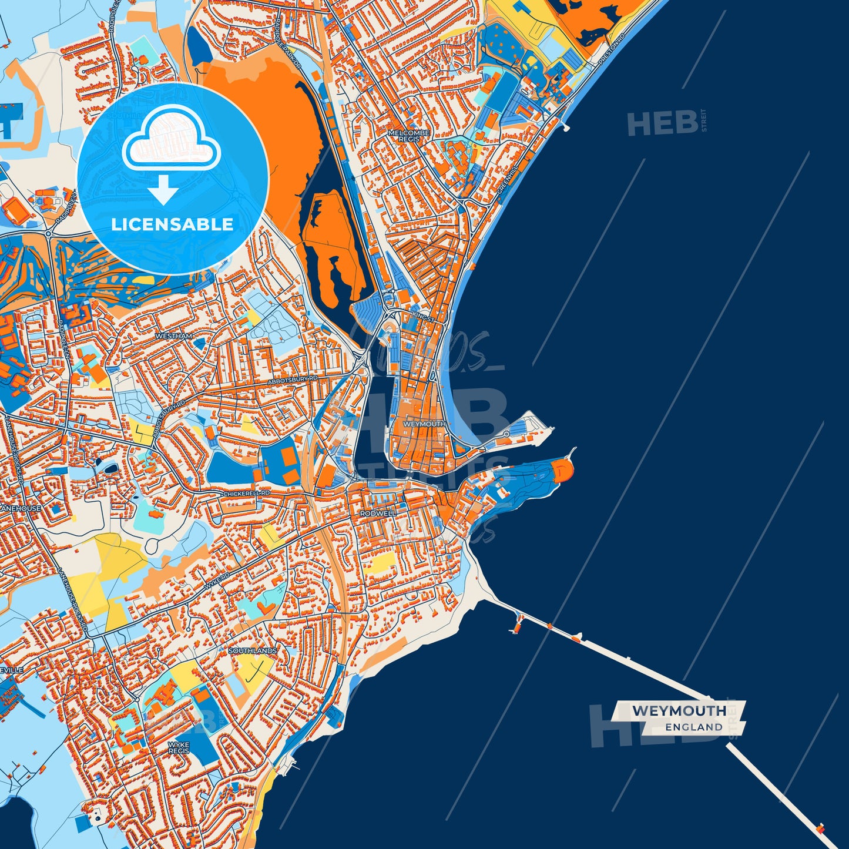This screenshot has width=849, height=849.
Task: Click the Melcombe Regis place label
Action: click(x=409, y=136)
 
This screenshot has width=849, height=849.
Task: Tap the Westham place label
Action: click(x=173, y=336)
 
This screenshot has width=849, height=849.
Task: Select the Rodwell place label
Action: click(x=378, y=514)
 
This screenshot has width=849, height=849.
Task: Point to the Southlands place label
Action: click(x=253, y=651)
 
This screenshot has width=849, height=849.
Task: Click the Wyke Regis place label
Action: click(x=179, y=747)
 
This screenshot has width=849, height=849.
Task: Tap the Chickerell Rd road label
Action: click(x=247, y=494)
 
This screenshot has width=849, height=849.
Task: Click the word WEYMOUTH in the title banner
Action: click(x=679, y=711)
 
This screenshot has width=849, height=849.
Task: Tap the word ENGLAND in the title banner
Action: click(x=694, y=727)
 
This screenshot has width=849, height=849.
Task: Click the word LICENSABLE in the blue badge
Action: click(x=172, y=224)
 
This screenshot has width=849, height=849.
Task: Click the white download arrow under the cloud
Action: click(x=163, y=189)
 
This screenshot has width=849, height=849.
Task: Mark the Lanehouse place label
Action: click(x=21, y=508)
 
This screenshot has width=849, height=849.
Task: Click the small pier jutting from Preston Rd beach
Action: click(x=565, y=126)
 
